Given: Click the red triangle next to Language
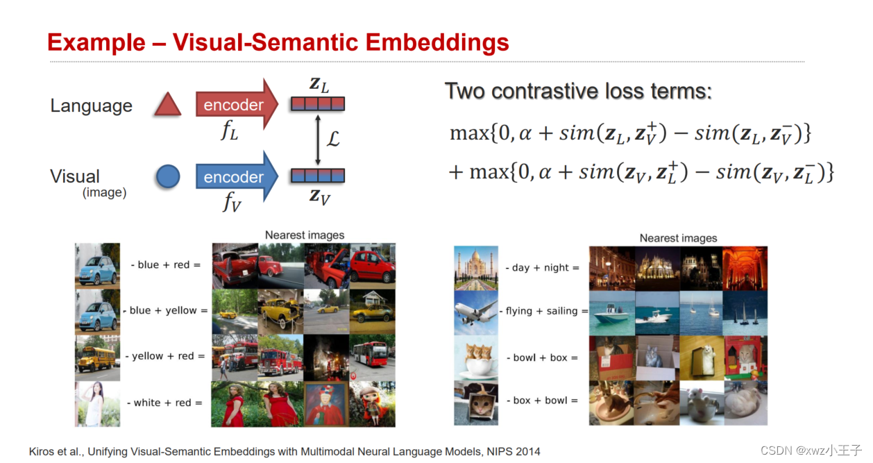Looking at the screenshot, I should click(x=167, y=106).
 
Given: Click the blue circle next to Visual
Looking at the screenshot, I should click(x=168, y=177).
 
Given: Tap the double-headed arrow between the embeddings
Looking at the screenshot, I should click(x=317, y=140).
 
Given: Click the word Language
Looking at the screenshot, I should click(x=91, y=106).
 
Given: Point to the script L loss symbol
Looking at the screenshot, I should click(x=333, y=140).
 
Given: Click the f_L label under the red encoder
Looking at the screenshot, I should click(x=229, y=131).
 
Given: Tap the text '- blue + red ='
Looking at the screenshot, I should click(x=165, y=265).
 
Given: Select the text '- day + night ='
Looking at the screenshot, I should click(x=541, y=268).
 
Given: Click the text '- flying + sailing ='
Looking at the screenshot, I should click(x=543, y=311).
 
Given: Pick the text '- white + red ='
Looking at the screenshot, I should click(x=164, y=403).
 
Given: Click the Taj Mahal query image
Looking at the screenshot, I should click(x=476, y=268).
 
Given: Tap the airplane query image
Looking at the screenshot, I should click(x=476, y=312).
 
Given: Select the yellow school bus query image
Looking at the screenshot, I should click(x=97, y=357).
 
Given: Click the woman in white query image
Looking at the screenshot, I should click(x=97, y=403).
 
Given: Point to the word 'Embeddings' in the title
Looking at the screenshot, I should click(x=437, y=43).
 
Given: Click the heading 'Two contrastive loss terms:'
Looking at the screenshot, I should click(x=577, y=92).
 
